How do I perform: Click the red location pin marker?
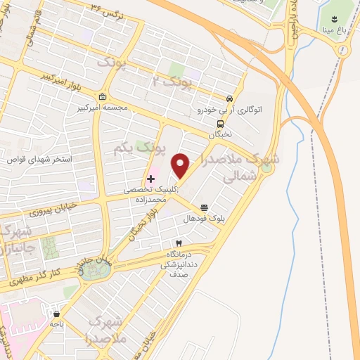[x=181, y=166]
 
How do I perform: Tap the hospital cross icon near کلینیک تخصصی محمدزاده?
[x=150, y=179]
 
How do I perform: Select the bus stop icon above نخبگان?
[x=221, y=124]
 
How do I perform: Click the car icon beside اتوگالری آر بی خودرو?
[x=229, y=98]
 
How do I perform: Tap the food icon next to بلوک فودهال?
[x=204, y=207]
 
